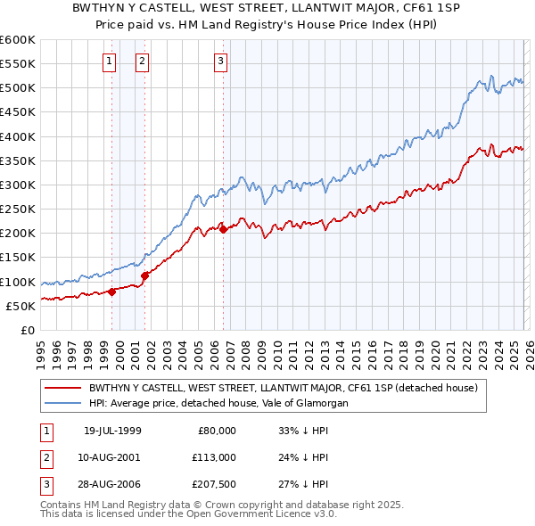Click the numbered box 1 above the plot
(x=109, y=62)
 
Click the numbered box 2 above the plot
(x=142, y=62)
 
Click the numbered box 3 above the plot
(x=220, y=62)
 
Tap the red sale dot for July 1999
(x=112, y=292)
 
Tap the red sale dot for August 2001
(x=144, y=275)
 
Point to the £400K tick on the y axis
(x=18, y=136)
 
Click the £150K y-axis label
(x=18, y=258)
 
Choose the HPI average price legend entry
(x=218, y=403)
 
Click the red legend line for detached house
(x=63, y=388)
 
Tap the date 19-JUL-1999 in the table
(x=111, y=431)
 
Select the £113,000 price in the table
(x=215, y=456)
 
